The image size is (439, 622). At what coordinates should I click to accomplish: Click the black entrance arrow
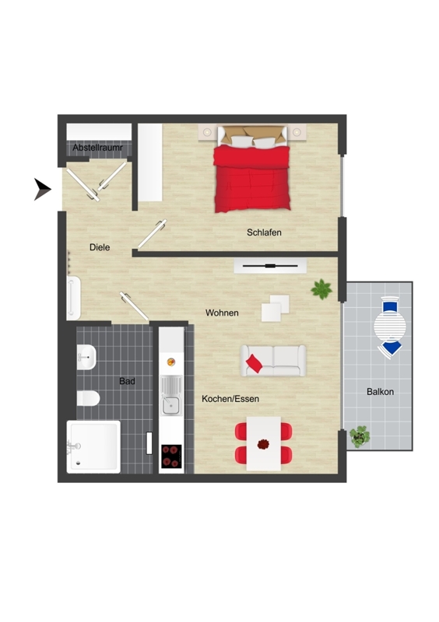click(x=43, y=190)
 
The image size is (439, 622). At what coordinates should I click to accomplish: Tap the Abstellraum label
click(x=98, y=148)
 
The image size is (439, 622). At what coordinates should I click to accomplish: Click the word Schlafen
click(x=264, y=232)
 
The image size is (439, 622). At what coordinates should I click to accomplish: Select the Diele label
click(x=100, y=247)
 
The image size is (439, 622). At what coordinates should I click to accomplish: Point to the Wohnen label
click(x=222, y=313)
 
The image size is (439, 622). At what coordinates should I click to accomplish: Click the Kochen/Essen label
click(x=230, y=399)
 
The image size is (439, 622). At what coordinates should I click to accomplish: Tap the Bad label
click(x=127, y=381)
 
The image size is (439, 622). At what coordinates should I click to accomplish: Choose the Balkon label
click(x=380, y=392)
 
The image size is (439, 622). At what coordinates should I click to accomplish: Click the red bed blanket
click(x=252, y=179)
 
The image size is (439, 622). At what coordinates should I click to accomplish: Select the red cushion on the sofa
click(x=255, y=363)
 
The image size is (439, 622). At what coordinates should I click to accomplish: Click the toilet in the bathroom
click(x=88, y=398)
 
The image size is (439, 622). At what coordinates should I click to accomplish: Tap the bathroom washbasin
click(x=86, y=357)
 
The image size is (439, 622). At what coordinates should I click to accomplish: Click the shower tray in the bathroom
click(x=93, y=446)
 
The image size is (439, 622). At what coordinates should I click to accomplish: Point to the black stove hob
click(x=171, y=456)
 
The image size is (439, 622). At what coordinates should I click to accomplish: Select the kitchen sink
click(x=171, y=396)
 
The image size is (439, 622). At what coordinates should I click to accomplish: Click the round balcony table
click(x=390, y=326)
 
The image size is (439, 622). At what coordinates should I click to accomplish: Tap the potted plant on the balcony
click(x=360, y=437)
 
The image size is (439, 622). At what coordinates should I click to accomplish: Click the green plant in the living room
click(x=321, y=289)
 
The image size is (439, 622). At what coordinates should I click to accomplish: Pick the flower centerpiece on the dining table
click(x=263, y=444)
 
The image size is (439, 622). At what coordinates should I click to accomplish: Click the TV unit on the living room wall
click(x=270, y=266)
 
